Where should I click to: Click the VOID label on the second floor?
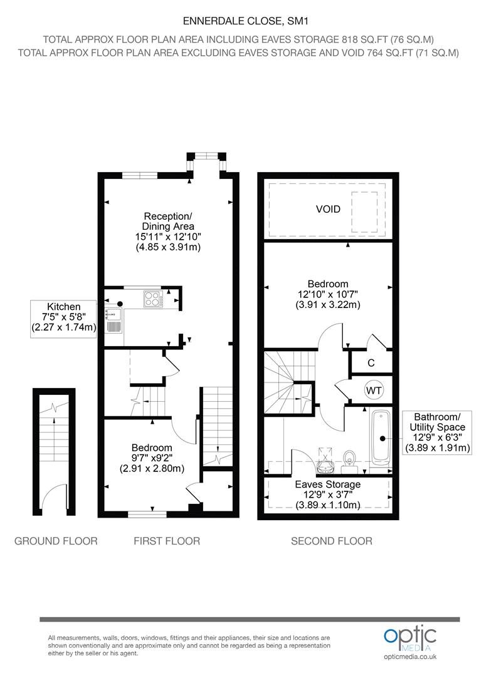pos(328,209)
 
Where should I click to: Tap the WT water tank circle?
pos(374,390)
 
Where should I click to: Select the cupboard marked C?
pos(371,363)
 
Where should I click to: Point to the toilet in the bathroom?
pos(349,459)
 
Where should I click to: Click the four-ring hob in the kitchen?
pos(154,299)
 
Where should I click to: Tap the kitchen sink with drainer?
pos(113,320)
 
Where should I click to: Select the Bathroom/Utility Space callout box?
pos(436,433)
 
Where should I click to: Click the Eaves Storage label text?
pos(327,484)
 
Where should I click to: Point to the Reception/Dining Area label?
pos(168,221)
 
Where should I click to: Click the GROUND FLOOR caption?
pos(56,541)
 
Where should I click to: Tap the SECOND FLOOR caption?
pos(332,541)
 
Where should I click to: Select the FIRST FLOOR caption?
pos(167,541)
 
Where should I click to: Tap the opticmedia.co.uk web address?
pos(410,657)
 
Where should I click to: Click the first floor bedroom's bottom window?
pos(147,514)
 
